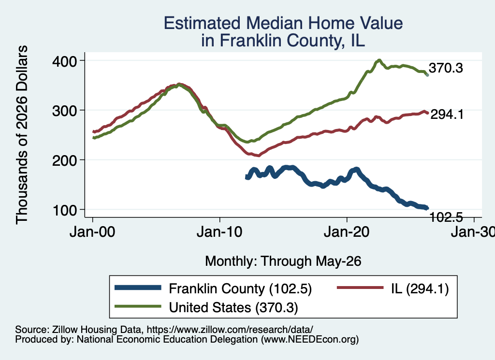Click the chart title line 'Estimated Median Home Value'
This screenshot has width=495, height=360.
283,23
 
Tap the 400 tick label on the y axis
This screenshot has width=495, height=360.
65,61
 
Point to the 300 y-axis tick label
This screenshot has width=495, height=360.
65,111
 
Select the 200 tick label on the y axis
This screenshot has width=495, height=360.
65,160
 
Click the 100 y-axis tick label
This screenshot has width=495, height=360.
65,210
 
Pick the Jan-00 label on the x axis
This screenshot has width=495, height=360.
92,232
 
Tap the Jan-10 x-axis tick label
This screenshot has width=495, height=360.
220,232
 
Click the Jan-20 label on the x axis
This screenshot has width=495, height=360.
347,232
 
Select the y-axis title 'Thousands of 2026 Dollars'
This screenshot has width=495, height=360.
22,135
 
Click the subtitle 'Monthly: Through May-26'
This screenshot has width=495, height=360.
283,261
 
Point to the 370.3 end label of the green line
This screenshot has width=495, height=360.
446,68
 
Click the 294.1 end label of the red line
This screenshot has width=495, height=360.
447,114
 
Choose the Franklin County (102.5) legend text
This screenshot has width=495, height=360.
240,288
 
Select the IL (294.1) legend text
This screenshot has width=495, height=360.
420,288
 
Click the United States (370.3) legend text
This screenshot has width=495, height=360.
233,307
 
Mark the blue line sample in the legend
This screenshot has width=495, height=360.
138,288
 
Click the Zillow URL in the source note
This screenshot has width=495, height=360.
230,330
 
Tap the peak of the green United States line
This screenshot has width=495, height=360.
379,60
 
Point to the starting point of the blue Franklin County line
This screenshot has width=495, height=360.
247,177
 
